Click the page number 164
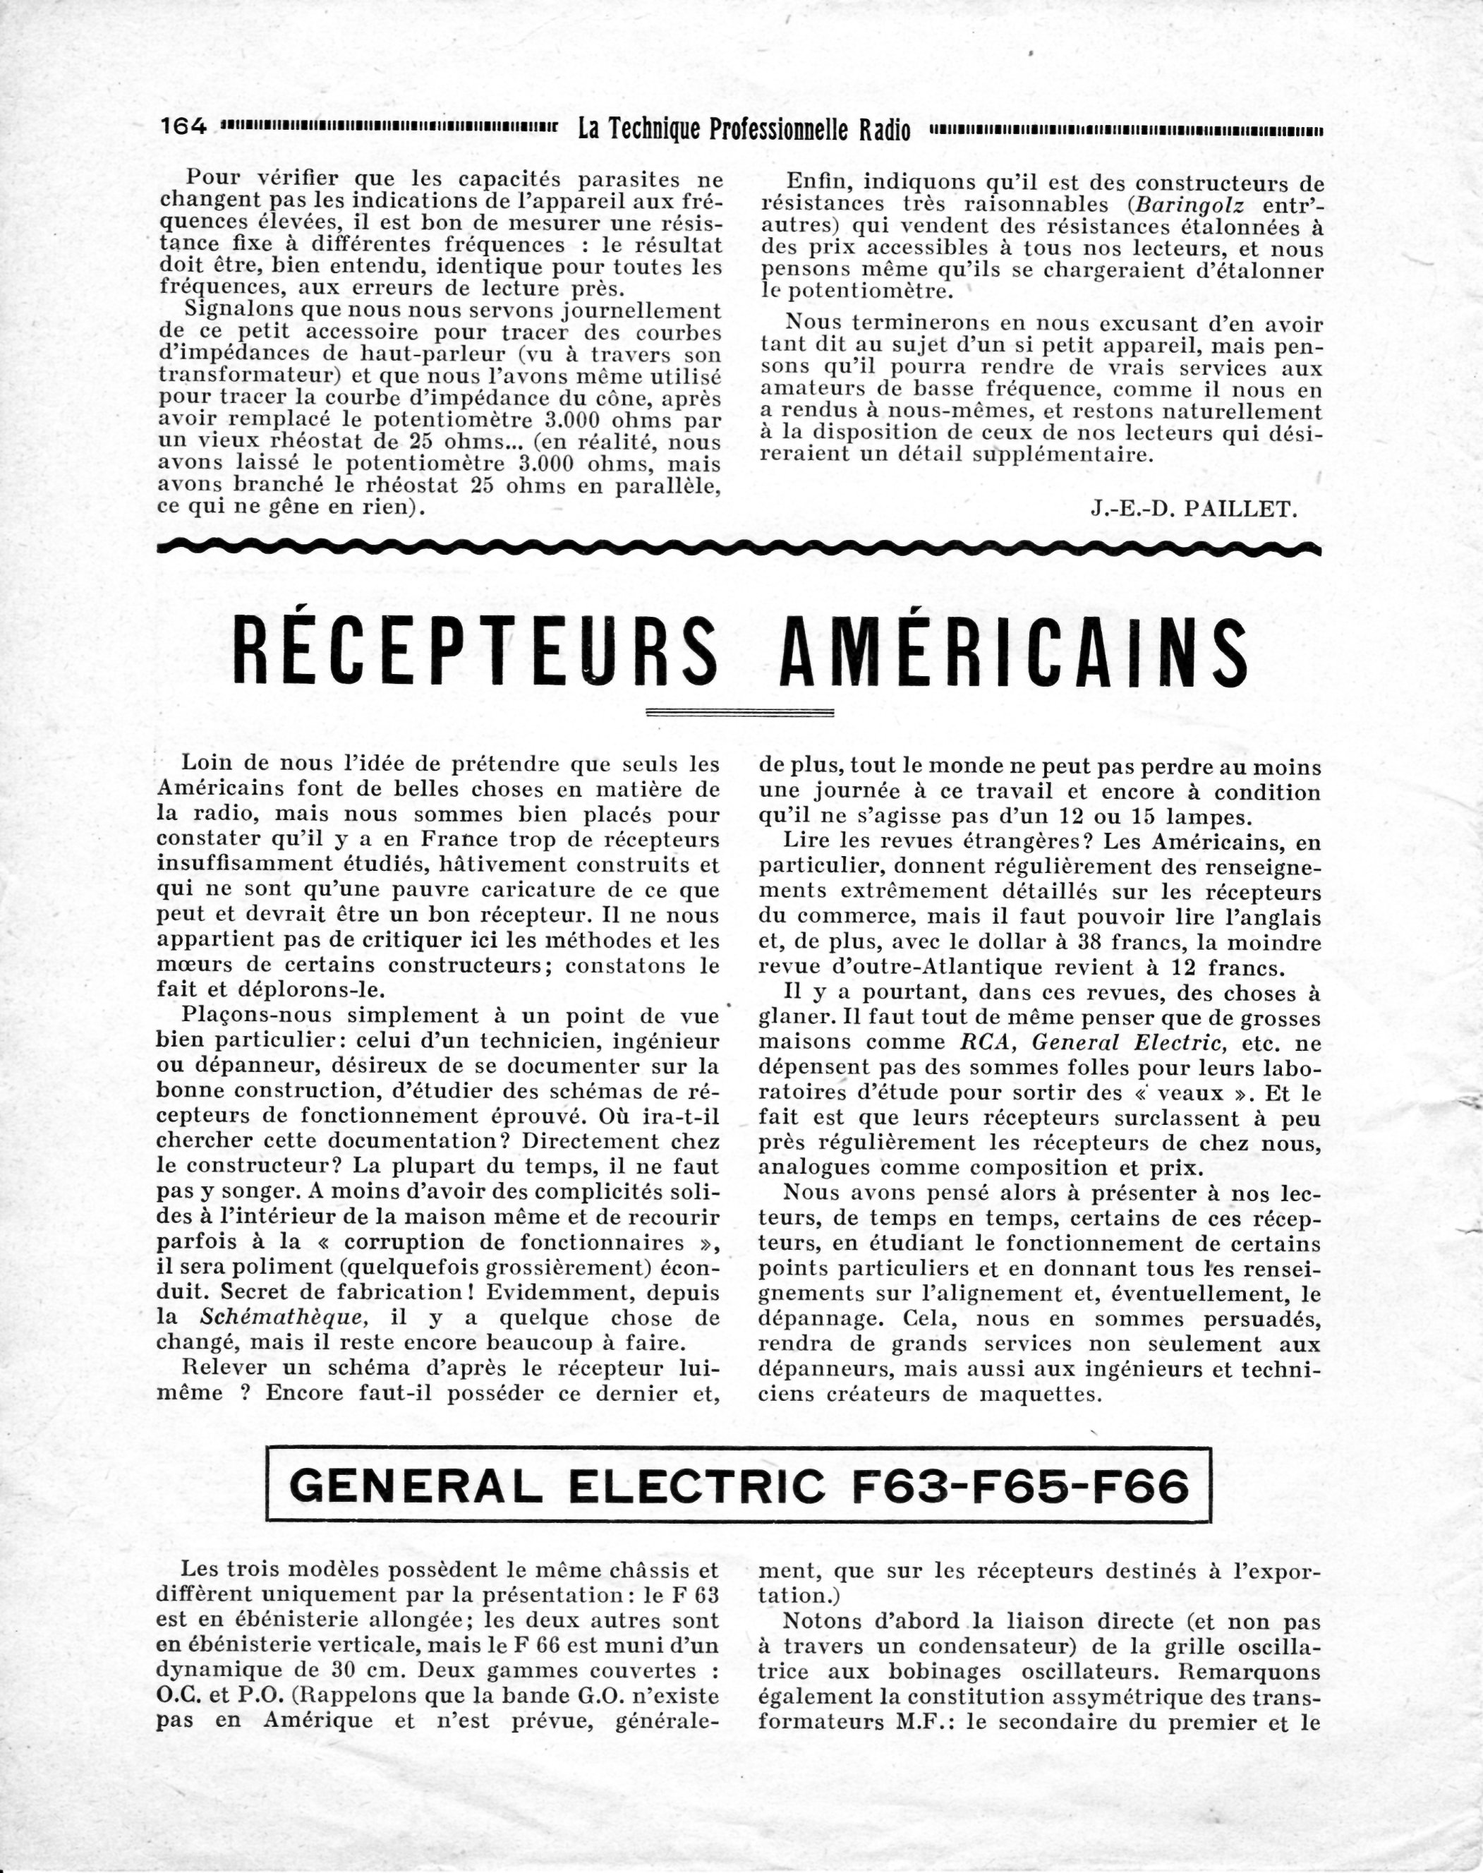click(x=184, y=127)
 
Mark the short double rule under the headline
click(x=741, y=713)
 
